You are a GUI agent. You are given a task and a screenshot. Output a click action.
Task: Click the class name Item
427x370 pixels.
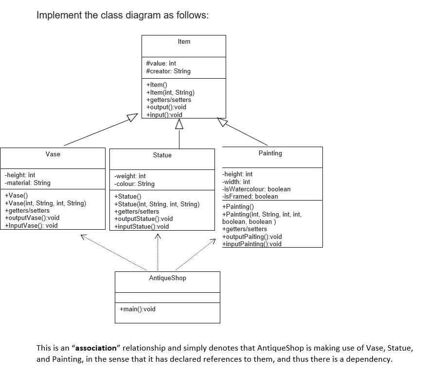(x=184, y=42)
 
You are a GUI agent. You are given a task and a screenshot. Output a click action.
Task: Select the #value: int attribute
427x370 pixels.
(x=161, y=63)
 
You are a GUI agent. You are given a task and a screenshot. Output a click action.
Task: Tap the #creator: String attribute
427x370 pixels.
(x=168, y=71)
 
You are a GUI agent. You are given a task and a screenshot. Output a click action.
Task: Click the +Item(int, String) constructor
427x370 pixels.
(x=170, y=92)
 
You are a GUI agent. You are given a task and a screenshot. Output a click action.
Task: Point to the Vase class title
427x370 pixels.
(x=53, y=154)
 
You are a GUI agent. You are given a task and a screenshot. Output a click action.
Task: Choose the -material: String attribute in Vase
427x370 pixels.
(x=27, y=183)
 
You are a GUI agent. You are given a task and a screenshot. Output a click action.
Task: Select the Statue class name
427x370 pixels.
(x=162, y=155)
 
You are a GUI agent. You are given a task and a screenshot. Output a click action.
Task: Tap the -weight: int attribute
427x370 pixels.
(x=129, y=176)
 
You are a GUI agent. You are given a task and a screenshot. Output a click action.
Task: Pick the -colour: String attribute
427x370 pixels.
(x=134, y=184)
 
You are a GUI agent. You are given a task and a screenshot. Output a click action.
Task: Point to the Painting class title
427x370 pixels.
(x=270, y=153)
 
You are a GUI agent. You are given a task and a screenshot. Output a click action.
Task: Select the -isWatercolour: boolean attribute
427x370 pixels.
(x=256, y=189)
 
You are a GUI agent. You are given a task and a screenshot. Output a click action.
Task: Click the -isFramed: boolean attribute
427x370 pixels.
(x=250, y=196)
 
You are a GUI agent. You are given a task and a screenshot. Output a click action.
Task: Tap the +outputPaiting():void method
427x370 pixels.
(x=251, y=236)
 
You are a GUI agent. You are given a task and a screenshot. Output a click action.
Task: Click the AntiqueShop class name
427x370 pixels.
(x=167, y=278)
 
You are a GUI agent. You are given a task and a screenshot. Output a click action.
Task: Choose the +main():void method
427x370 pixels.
(x=138, y=309)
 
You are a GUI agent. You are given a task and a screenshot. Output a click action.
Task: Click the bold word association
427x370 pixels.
(x=95, y=348)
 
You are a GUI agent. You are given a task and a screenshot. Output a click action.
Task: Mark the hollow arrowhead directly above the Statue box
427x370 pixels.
(x=179, y=125)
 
